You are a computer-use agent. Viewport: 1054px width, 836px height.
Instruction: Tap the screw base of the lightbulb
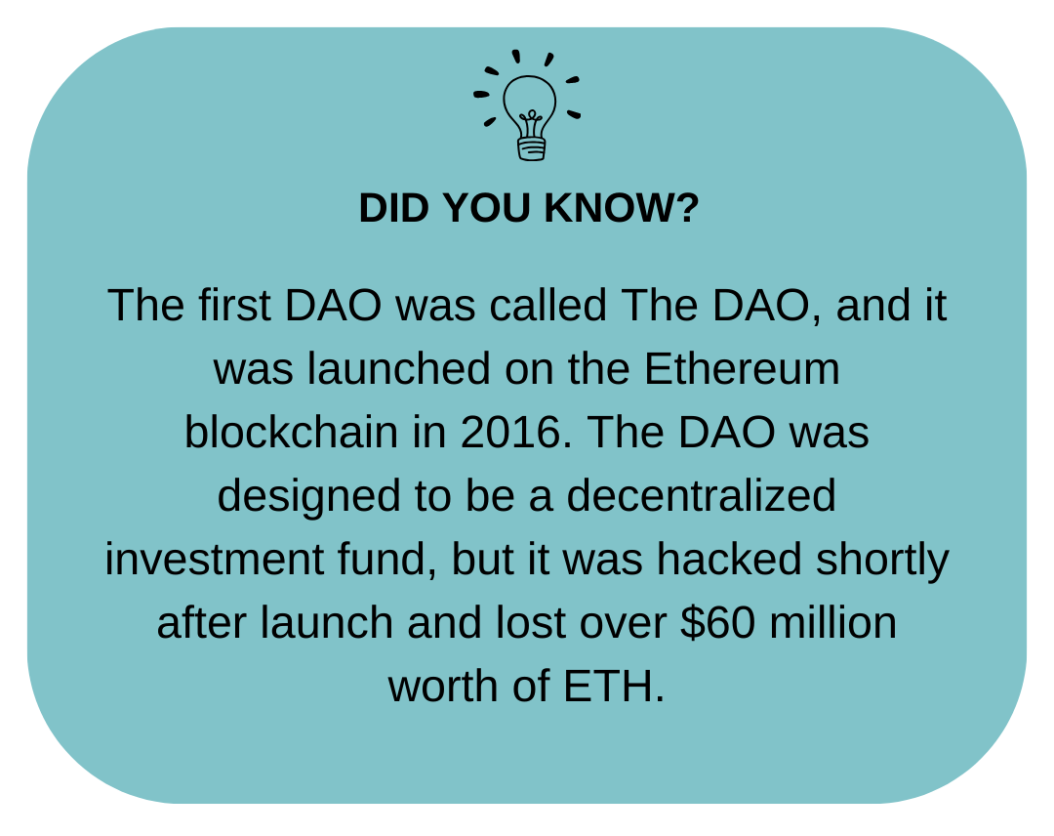(531, 148)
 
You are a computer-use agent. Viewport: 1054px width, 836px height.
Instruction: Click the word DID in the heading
(393, 208)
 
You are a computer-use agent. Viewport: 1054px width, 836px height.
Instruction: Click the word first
(234, 306)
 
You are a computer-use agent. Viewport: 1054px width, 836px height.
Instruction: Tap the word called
(547, 306)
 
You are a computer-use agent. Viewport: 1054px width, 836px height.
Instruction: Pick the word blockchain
(291, 432)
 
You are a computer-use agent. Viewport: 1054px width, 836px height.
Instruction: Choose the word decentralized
(701, 496)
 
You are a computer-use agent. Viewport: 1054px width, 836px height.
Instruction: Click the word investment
(214, 559)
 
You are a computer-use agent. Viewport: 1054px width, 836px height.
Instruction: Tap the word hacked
(729, 559)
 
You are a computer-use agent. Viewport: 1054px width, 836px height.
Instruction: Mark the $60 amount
(717, 623)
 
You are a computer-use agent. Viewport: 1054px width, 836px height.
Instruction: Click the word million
(832, 622)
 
